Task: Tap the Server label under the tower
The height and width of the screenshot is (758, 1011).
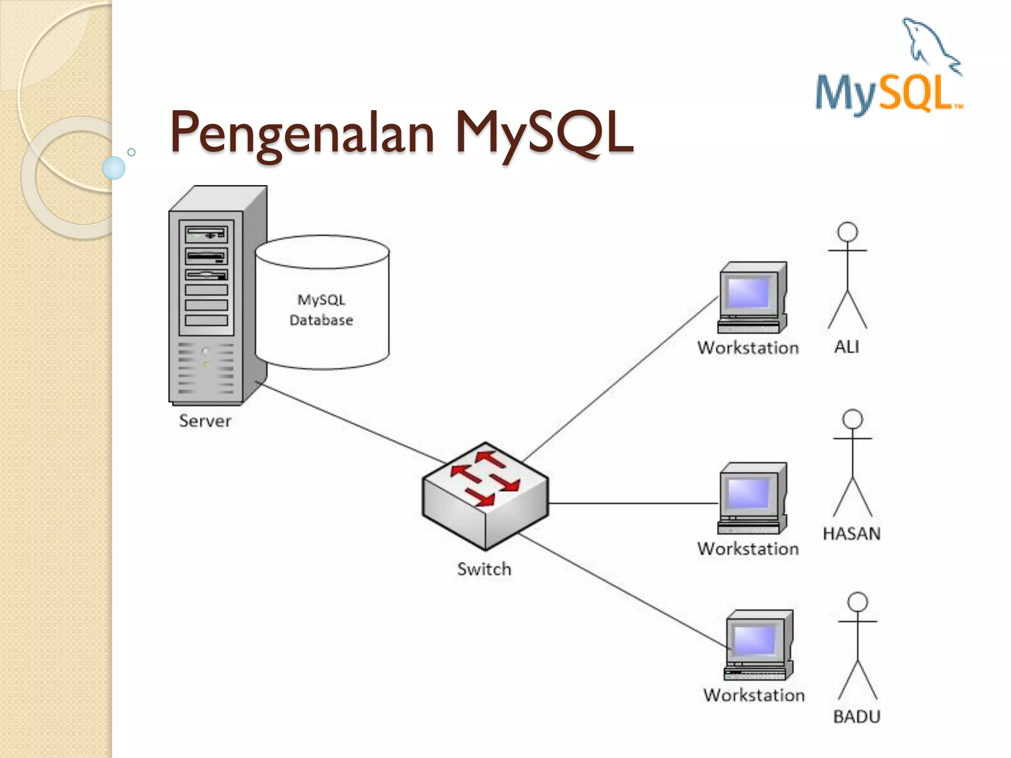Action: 205,421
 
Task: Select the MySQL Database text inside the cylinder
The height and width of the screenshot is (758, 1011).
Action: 321,310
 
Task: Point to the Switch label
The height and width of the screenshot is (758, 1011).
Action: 484,569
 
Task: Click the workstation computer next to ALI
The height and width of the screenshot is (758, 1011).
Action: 752,298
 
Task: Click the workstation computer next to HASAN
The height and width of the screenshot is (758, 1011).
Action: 752,498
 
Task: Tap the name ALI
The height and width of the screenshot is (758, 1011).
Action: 847,347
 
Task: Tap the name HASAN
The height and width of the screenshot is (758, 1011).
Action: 852,533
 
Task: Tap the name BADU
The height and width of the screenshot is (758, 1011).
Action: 856,716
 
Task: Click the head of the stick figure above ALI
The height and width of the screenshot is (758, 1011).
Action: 848,232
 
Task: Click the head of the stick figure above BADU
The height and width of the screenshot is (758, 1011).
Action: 857,602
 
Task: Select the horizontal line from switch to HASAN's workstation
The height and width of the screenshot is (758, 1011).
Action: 632,503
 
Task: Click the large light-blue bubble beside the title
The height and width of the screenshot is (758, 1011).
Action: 114,168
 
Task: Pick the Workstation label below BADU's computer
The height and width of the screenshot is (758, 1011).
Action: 754,695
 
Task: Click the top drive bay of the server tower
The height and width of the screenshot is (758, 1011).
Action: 206,234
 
